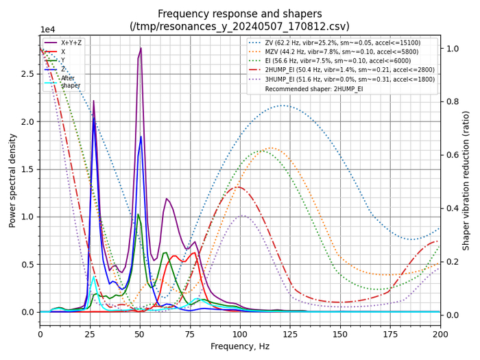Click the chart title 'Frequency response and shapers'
240,14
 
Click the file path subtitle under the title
240,26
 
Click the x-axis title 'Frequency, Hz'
240,347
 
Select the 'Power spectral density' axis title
12,180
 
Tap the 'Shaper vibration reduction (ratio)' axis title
467,180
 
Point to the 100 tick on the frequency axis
240,334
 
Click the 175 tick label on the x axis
390,334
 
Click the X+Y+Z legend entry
72,43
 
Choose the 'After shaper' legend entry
71,82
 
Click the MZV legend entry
343,52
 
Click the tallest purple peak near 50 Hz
141,48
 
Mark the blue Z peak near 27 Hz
94,120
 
